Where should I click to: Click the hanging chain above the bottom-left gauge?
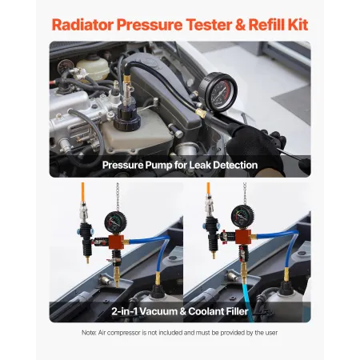[119, 197]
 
